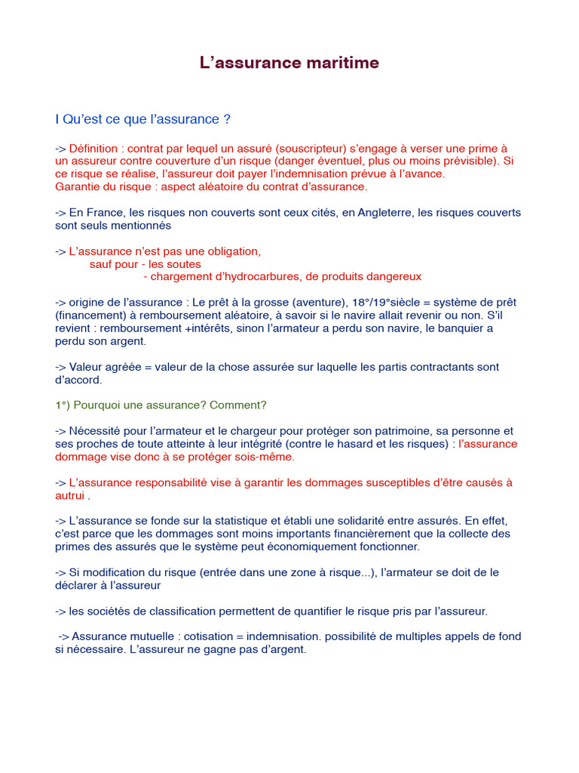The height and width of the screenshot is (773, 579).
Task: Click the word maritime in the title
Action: tap(342, 63)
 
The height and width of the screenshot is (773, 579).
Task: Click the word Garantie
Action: tap(77, 186)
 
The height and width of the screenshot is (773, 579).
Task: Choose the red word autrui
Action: tap(70, 495)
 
